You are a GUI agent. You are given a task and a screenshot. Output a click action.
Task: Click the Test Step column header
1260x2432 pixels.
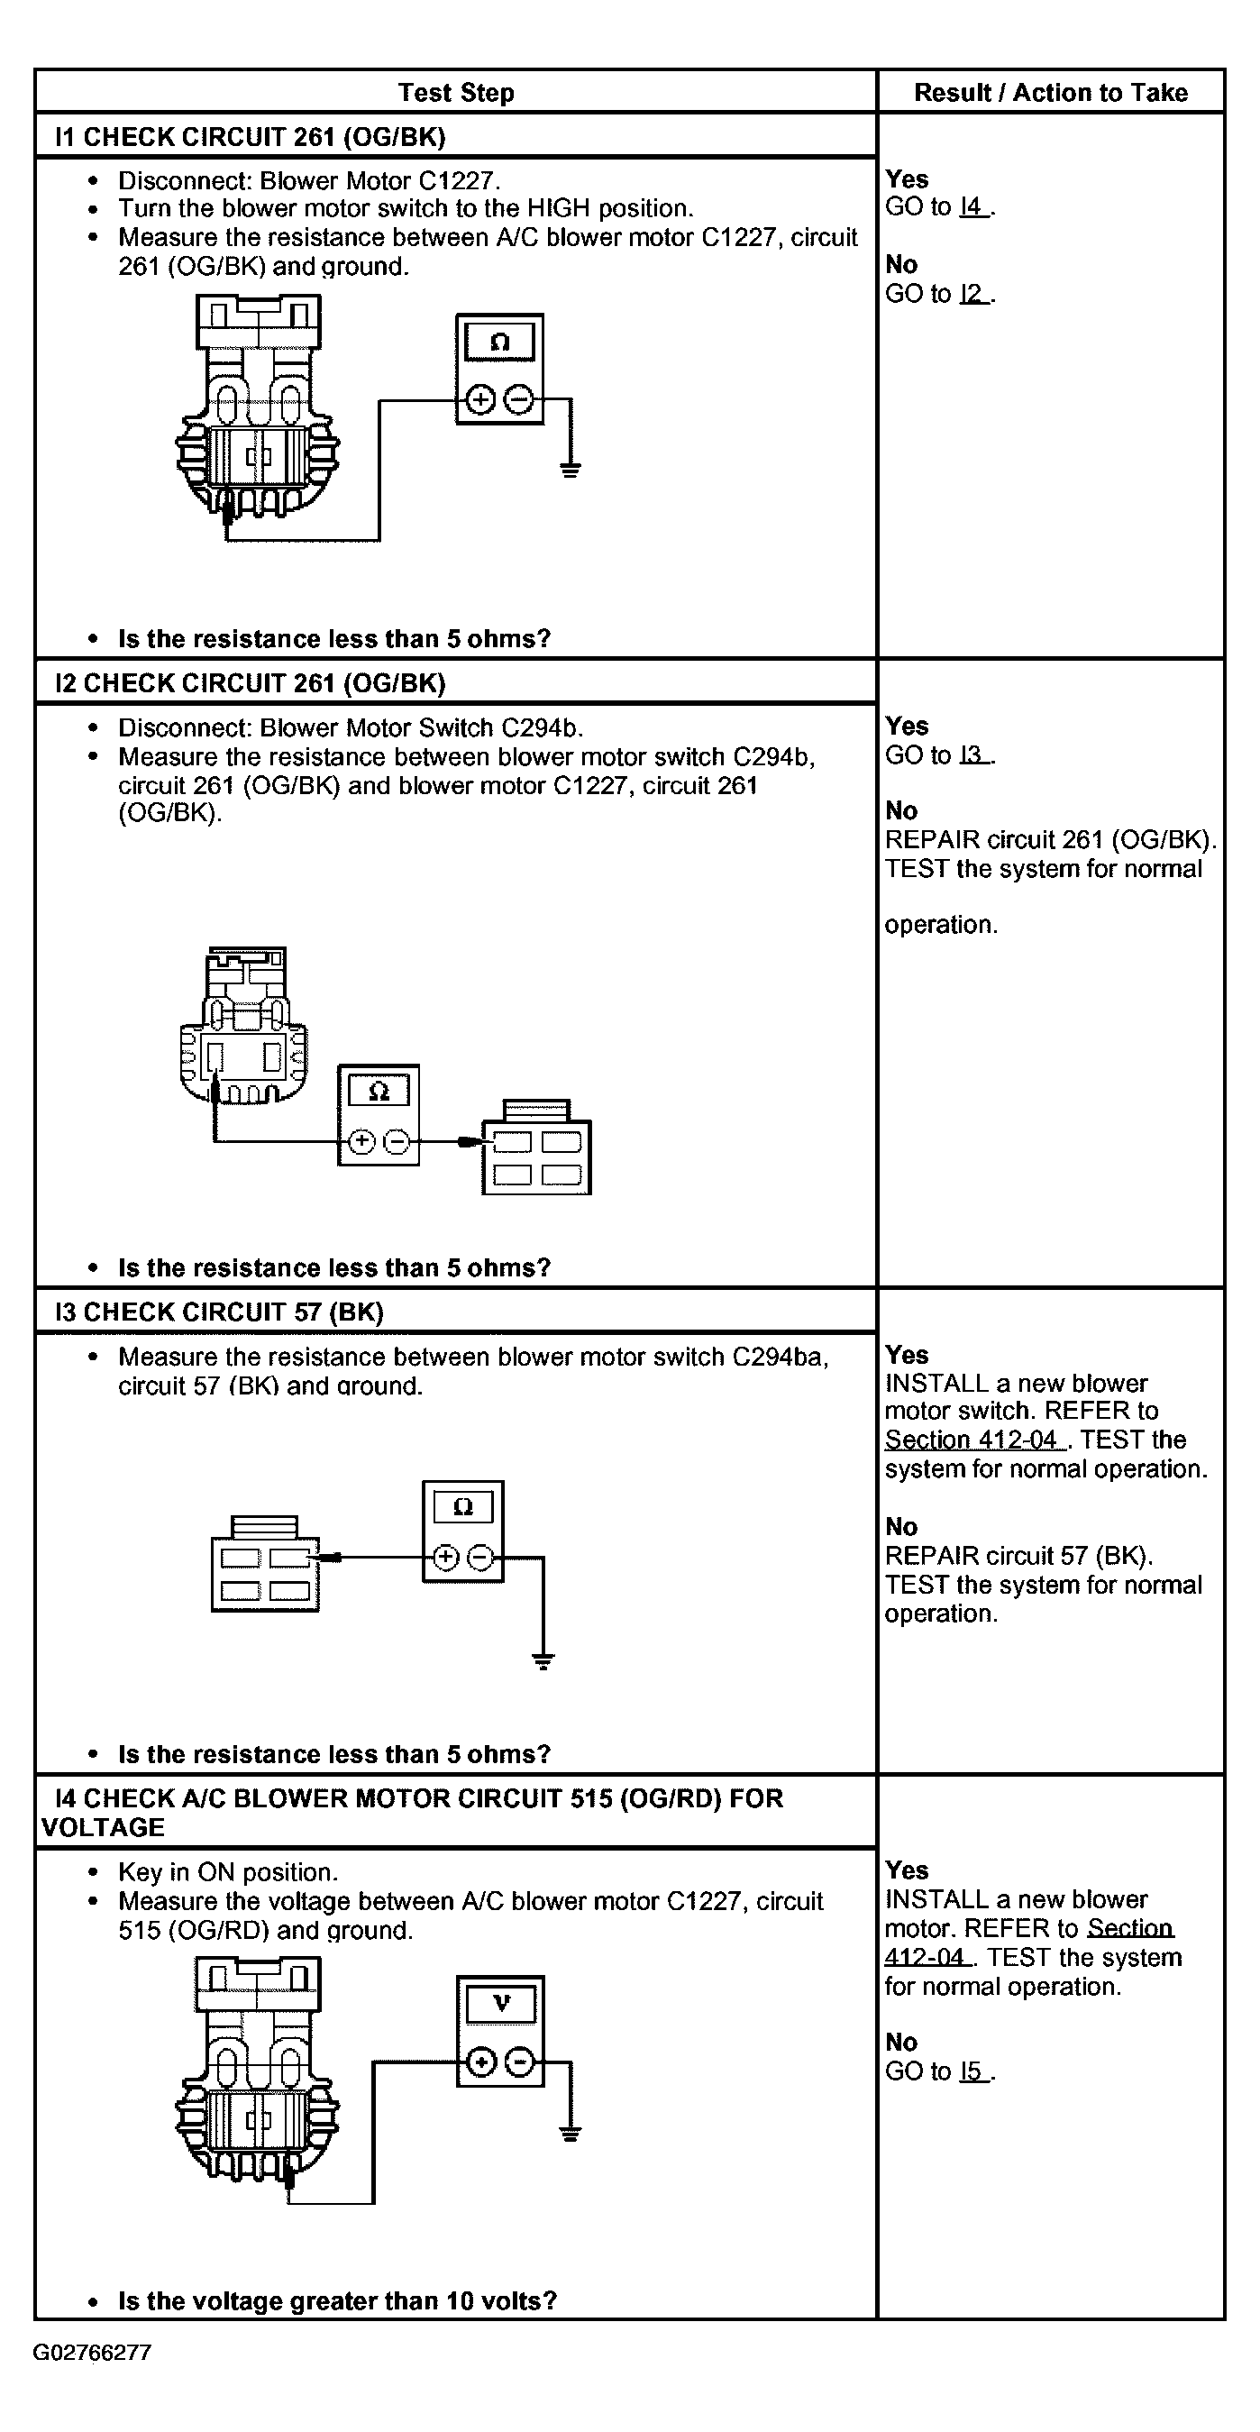(x=456, y=93)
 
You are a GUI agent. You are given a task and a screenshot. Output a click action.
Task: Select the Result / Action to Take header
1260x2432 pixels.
(x=1051, y=93)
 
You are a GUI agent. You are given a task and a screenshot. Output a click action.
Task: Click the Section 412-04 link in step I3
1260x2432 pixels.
(x=972, y=1440)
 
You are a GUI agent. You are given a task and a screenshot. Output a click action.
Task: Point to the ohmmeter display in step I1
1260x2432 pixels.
(x=499, y=342)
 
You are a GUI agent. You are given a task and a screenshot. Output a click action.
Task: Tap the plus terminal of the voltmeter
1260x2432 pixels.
(x=480, y=2062)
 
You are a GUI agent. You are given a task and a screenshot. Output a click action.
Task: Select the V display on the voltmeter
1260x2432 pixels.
(x=501, y=2003)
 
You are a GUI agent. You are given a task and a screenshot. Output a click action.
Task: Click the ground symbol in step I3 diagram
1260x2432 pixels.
(x=543, y=1661)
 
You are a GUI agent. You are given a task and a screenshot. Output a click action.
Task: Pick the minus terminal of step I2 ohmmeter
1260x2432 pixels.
(x=397, y=1142)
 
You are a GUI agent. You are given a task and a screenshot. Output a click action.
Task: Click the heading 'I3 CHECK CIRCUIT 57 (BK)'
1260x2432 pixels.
(x=219, y=1312)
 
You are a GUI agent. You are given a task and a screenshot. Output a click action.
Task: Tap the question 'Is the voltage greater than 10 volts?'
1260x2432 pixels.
(x=337, y=2300)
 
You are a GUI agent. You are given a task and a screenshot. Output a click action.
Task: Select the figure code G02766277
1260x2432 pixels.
(x=93, y=2353)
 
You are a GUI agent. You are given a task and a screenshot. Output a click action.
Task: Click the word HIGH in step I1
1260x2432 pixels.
(x=559, y=208)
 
